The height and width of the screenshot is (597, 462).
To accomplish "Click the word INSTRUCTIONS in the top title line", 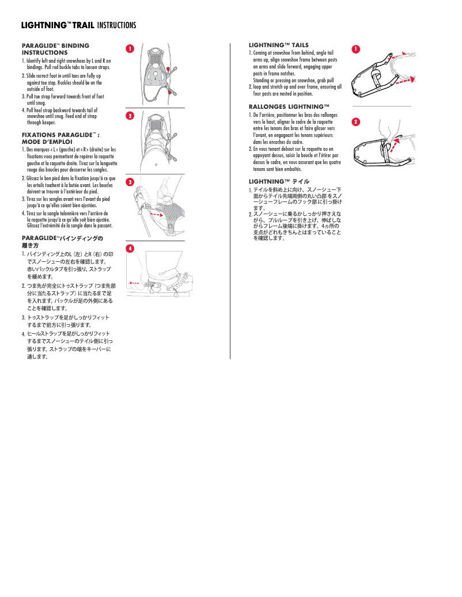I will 117,25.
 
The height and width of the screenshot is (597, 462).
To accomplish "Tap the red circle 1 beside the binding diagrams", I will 131,48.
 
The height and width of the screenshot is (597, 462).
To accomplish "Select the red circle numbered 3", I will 131,182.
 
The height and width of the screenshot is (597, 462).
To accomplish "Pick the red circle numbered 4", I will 131,248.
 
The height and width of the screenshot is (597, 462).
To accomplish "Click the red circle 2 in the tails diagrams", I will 356,122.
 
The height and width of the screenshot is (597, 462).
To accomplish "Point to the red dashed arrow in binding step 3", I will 156,213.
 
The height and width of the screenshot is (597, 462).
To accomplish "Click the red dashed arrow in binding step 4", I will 135,283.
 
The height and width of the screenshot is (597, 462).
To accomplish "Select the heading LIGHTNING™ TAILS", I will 278,45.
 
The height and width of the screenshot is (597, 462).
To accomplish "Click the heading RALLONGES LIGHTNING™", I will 289,107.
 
